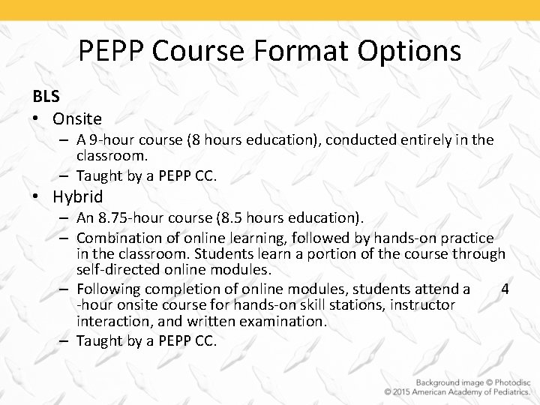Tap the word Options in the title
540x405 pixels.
pos(409,51)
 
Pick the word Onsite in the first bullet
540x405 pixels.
pos(77,118)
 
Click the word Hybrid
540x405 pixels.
pos(78,197)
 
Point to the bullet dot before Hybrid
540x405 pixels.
pos(37,198)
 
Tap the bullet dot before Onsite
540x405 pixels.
pos(37,119)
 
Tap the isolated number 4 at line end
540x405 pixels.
pos(505,289)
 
